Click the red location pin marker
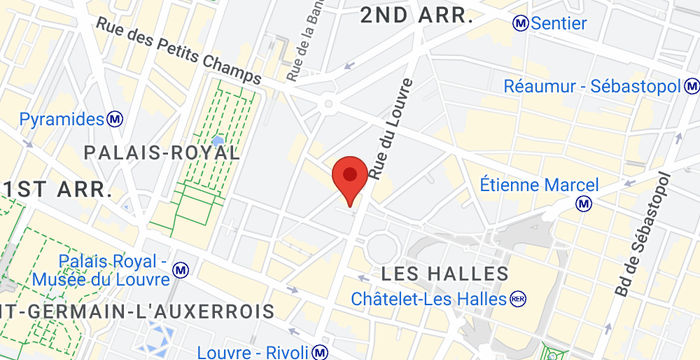tap(348, 178)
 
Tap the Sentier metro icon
tap(520, 22)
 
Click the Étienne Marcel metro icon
tap(585, 204)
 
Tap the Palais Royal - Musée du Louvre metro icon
tap(181, 270)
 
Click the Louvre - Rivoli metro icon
tap(318, 352)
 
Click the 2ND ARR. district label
tap(416, 16)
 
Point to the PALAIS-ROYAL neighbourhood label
tap(162, 153)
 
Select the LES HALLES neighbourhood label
tap(446, 273)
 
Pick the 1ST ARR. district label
tap(55, 189)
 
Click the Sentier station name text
tap(560, 22)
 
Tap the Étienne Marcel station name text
tap(539, 185)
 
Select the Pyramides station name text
tap(62, 120)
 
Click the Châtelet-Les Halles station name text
tap(429, 298)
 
